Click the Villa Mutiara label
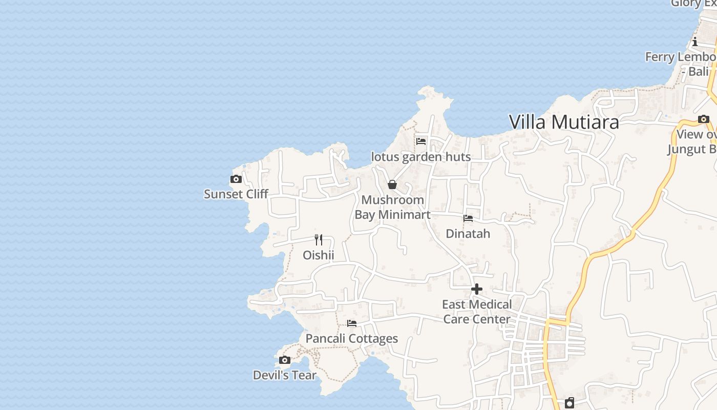point(564,122)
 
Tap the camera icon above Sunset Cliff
point(236,179)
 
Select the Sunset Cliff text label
point(236,194)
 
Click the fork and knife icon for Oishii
point(319,239)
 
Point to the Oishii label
point(319,255)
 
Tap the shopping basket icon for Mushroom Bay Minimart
point(392,184)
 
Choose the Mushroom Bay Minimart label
point(393,207)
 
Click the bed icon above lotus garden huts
point(421,141)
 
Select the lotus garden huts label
point(421,157)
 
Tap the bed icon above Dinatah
point(468,218)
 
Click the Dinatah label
point(468,234)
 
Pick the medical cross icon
point(477,289)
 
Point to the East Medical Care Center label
point(477,312)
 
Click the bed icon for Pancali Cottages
point(352,323)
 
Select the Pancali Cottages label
point(352,339)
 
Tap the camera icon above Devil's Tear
point(285,360)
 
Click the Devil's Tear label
point(285,376)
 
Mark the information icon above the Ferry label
point(695,42)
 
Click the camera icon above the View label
point(704,119)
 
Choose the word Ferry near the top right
point(660,57)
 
